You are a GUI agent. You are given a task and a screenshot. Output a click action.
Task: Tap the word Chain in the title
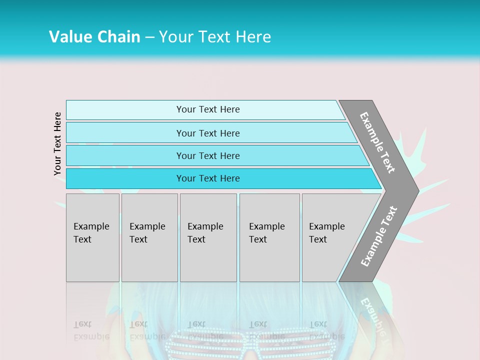tap(118, 37)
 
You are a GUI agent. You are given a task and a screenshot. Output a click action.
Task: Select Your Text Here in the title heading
tap(215, 37)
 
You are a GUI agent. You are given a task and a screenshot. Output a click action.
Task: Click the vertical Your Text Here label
tap(57, 143)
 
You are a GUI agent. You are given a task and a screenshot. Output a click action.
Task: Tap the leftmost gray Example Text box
tap(92, 237)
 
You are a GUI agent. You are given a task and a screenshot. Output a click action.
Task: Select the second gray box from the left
tap(149, 237)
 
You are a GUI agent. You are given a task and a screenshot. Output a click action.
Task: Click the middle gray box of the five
tap(208, 237)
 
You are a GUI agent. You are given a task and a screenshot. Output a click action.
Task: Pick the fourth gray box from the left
tap(269, 237)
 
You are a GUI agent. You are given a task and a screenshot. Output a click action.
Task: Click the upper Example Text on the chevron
tap(377, 142)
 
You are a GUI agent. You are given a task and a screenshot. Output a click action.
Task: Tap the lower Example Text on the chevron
tap(378, 236)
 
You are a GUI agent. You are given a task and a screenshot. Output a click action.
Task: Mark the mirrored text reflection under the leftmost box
tap(91, 330)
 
